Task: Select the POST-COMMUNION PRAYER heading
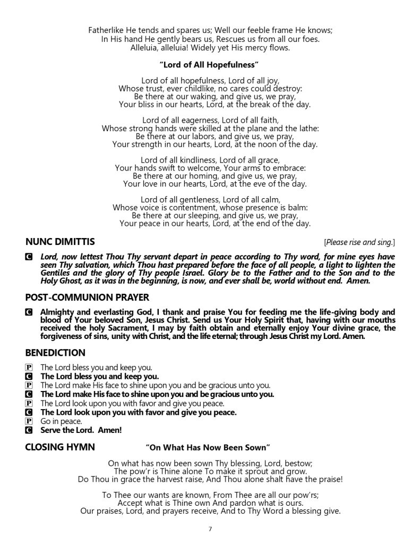87,296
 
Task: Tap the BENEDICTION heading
55,352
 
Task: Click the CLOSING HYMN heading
60,447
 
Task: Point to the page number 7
210,529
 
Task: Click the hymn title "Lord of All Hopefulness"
209,64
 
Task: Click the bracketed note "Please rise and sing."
359,243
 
